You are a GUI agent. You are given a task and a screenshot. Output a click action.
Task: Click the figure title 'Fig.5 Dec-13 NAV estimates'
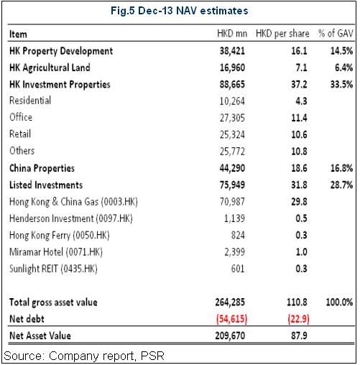[x=179, y=11]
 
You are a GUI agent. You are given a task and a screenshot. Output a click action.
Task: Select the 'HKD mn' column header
[x=232, y=34]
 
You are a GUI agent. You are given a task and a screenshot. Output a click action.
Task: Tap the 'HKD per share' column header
[x=282, y=34]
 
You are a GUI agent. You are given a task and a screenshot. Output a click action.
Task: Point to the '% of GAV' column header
[x=336, y=34]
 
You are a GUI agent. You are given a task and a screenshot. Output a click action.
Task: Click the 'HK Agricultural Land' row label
[x=50, y=68]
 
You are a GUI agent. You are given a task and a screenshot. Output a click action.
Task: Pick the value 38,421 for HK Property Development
[x=232, y=51]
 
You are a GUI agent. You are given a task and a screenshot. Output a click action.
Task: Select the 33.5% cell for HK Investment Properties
[x=341, y=84]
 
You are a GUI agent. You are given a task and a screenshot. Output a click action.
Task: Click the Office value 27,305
[x=232, y=118]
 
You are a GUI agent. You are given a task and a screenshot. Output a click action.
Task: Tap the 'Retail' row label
[x=20, y=134]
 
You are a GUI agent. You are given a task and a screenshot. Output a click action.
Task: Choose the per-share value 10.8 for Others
[x=299, y=152]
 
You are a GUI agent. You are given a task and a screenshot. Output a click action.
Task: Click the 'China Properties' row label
[x=42, y=168]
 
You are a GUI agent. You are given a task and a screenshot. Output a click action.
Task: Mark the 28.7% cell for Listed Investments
[x=341, y=185]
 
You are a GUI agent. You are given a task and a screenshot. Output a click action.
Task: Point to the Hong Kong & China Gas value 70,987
[x=232, y=202]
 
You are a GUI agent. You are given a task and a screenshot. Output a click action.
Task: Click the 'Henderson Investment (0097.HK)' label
[x=71, y=218]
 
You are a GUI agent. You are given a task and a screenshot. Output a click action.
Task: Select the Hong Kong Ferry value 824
[x=238, y=235]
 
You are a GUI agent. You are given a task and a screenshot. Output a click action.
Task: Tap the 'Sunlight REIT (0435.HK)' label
[x=53, y=269]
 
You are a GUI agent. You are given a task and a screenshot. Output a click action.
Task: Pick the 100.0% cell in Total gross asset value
[x=339, y=302]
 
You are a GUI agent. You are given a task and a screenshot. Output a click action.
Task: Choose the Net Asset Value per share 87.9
[x=299, y=336]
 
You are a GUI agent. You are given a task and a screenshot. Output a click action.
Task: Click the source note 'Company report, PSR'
[x=106, y=356]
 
